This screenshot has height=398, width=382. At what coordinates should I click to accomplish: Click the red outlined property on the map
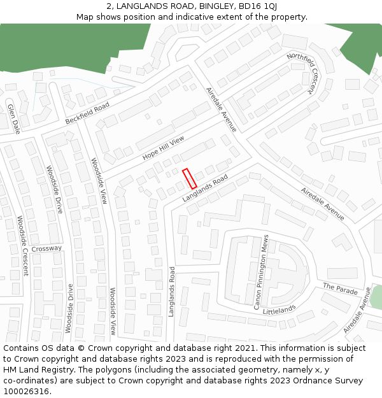coord(189,178)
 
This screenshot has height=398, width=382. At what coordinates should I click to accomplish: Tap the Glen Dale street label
coord(13,119)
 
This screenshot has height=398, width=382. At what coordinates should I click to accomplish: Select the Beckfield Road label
coord(87,113)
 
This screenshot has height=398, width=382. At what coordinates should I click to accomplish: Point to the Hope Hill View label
coord(163,148)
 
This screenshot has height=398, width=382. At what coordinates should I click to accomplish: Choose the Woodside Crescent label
coord(22,246)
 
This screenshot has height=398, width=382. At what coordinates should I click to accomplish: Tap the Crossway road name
coord(46,248)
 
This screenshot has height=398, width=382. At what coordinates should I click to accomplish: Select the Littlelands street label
coord(279,309)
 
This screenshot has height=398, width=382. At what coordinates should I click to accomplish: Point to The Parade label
coord(340,289)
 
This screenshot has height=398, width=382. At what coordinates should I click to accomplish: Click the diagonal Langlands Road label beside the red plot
coord(205,189)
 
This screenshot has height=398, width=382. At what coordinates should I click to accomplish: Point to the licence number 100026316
coord(26,392)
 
